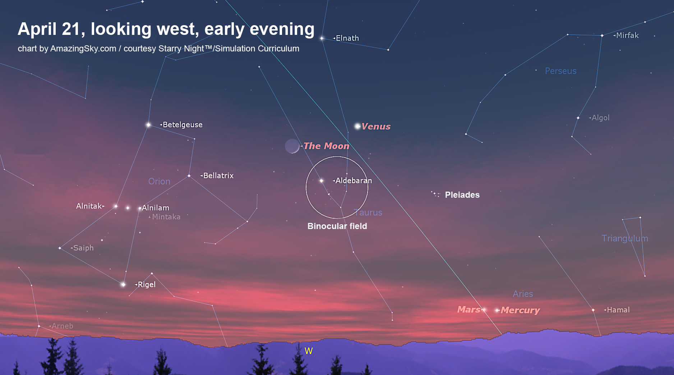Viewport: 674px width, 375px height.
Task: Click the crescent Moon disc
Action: click(x=292, y=146)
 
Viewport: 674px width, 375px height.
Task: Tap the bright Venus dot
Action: click(x=357, y=126)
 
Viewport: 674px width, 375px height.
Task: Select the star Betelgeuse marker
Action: click(x=148, y=125)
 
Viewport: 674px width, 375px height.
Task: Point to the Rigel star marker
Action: click(x=123, y=284)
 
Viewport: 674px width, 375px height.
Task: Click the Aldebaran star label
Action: click(x=354, y=180)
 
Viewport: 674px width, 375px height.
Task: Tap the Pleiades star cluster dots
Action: click(x=435, y=194)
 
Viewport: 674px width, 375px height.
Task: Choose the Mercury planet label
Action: click(x=520, y=310)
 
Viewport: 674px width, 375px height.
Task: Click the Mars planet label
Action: click(x=468, y=310)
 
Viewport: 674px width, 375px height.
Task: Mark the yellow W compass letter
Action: click(x=309, y=351)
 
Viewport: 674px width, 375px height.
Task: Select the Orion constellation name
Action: click(x=159, y=181)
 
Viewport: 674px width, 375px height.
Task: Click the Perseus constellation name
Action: click(x=560, y=71)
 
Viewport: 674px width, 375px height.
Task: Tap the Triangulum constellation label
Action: click(x=625, y=238)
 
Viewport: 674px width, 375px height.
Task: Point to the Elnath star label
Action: click(x=347, y=38)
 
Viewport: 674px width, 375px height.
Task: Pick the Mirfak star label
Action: click(x=627, y=35)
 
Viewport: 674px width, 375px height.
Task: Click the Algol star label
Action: click(x=600, y=118)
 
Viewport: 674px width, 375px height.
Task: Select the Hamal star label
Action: click(x=618, y=310)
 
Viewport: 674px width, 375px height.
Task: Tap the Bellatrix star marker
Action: click(x=189, y=176)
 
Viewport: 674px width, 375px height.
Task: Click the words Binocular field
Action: click(x=337, y=226)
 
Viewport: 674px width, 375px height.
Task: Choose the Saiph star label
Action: click(x=83, y=248)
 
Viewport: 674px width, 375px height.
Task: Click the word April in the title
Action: click(x=37, y=29)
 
